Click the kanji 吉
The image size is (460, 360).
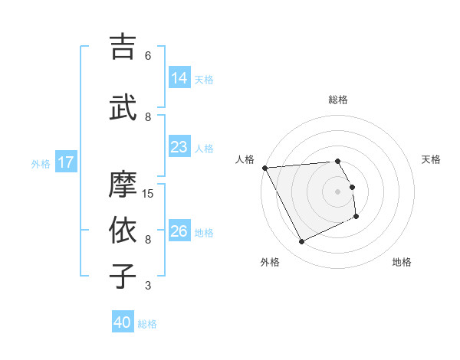click(x=123, y=47)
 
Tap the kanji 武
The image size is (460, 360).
click(x=123, y=108)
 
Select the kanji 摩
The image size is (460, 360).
click(x=123, y=185)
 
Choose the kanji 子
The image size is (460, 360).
click(x=123, y=277)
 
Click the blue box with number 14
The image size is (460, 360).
click(x=179, y=78)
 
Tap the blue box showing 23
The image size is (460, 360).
click(x=179, y=147)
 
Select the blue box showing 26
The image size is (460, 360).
click(x=179, y=231)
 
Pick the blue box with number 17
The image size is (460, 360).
click(x=66, y=162)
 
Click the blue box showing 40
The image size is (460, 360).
click(x=123, y=322)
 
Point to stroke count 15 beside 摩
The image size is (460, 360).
click(x=149, y=194)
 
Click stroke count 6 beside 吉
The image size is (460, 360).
click(x=148, y=56)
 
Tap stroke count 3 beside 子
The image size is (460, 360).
click(x=148, y=286)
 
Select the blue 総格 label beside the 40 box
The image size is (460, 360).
click(x=147, y=324)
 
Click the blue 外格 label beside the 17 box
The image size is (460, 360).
click(x=41, y=163)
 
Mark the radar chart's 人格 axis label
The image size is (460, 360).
click(x=245, y=159)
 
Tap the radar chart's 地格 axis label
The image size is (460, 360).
click(x=402, y=262)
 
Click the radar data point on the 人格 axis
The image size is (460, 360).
click(x=264, y=168)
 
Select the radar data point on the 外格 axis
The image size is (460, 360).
click(x=301, y=242)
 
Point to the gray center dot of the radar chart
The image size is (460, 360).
click(x=337, y=191)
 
